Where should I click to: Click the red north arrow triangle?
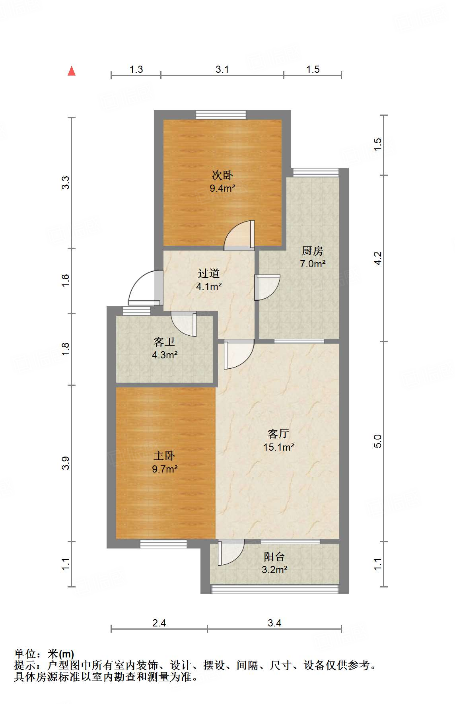pyautogui.click(x=72, y=71)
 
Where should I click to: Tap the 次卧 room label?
pyautogui.click(x=222, y=175)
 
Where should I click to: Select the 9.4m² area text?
pyautogui.click(x=222, y=188)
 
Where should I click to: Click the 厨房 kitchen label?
pyautogui.click(x=312, y=251)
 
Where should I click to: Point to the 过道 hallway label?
pyautogui.click(x=209, y=273)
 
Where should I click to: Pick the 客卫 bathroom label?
pyautogui.click(x=164, y=342)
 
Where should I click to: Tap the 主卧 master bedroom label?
pyautogui.click(x=164, y=455)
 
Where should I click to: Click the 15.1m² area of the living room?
pyautogui.click(x=278, y=447)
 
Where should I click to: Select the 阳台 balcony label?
pyautogui.click(x=274, y=556)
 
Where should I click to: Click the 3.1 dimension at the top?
pyautogui.click(x=222, y=70)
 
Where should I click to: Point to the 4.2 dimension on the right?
pyautogui.click(x=378, y=258)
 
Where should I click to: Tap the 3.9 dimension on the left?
pyautogui.click(x=66, y=463)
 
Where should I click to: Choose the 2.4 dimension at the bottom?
pyautogui.click(x=159, y=623)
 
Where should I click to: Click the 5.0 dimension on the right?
pyautogui.click(x=378, y=441)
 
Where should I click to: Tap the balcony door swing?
pyautogui.click(x=231, y=552)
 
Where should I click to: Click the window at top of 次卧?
pyautogui.click(x=221, y=115)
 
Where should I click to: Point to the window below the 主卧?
pyautogui.click(x=163, y=544)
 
